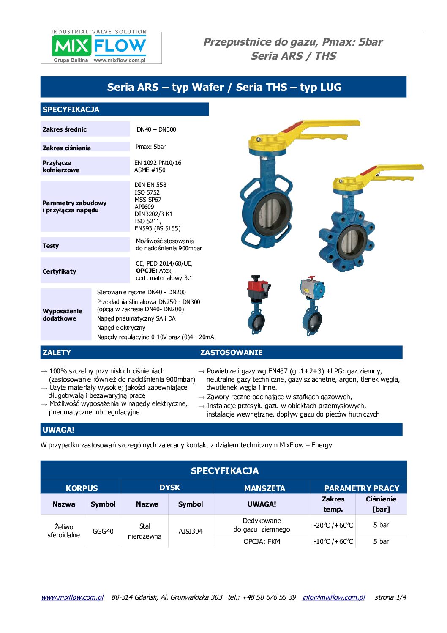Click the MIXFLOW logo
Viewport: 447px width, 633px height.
[99, 46]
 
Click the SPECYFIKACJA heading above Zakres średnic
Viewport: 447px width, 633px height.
[71, 110]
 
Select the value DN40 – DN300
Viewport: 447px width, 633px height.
[156, 129]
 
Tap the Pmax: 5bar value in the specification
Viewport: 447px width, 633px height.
[150, 147]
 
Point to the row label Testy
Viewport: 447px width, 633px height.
[51, 246]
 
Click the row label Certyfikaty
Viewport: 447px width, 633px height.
[60, 271]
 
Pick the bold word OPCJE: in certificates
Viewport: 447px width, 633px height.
[147, 271]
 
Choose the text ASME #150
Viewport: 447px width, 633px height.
[150, 170]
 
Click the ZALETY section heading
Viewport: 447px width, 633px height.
[57, 353]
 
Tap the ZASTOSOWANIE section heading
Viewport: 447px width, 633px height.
[231, 353]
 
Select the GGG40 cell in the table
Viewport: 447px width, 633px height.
[103, 531]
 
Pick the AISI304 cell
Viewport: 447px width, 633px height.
[191, 531]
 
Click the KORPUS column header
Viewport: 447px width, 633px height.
[82, 488]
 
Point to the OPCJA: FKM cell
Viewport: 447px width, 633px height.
[262, 542]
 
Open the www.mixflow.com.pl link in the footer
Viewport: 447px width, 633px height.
[72, 597]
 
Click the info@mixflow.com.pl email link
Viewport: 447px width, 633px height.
[334, 597]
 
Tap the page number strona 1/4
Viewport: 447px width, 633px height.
[390, 597]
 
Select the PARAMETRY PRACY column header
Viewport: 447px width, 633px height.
[362, 488]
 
